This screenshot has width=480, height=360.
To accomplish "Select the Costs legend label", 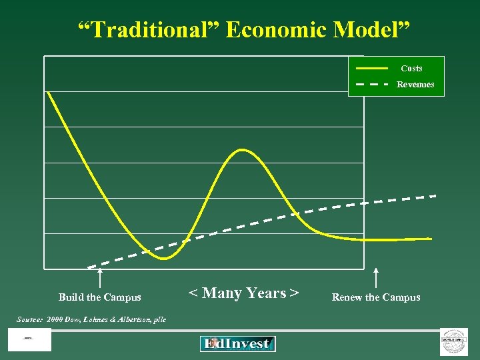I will tap(411, 69).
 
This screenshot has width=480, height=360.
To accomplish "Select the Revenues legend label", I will tap(415, 85).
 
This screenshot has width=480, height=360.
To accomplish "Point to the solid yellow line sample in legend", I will tap(371, 69).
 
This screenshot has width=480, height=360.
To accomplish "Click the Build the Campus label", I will tap(100, 297).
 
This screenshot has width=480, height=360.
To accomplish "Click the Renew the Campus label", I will tap(376, 297).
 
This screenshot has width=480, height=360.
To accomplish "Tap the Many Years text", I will tap(243, 293).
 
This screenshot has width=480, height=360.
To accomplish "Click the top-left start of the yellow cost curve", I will tap(48, 93).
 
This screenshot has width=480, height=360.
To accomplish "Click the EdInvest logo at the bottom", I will tap(237, 344).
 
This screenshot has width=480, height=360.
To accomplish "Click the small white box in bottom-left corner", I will tap(29, 339).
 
